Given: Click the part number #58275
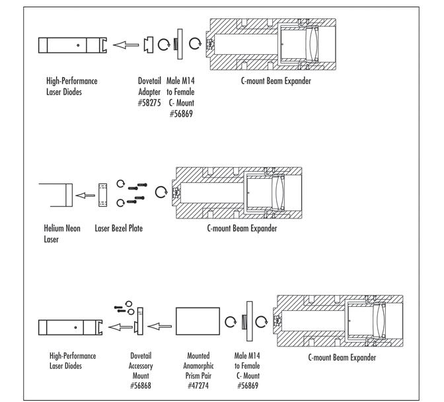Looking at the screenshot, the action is [149, 103].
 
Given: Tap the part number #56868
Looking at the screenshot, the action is [141, 385].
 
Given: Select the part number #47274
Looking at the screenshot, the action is [198, 385].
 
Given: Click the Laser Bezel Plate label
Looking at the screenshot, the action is [119, 228].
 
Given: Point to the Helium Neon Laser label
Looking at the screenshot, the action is [62, 234].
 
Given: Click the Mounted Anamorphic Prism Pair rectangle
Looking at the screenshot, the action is [198, 321].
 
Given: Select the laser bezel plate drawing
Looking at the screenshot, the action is [102, 195].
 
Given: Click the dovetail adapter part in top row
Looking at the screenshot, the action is [149, 45].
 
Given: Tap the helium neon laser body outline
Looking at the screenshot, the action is [69, 195].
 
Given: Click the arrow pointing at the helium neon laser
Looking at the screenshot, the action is [85, 195].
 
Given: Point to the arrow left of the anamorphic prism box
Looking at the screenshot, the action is [159, 326].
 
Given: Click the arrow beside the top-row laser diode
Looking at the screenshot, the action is [126, 45].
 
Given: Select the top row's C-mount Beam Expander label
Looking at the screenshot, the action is [276, 81].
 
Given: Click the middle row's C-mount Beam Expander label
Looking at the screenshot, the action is [242, 228].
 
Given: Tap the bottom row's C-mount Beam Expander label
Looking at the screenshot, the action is [342, 357].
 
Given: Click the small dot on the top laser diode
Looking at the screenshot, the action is [78, 45].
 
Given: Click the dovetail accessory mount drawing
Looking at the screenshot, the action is [139, 321].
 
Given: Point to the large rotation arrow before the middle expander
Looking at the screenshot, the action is [161, 192].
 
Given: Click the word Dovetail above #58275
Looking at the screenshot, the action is [149, 81].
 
